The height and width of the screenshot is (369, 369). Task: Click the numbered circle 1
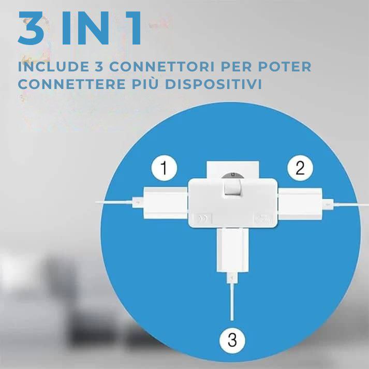[164, 168]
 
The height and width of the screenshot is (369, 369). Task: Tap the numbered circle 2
[300, 168]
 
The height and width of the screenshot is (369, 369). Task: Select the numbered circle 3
[232, 341]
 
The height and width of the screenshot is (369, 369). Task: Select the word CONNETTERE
[71, 84]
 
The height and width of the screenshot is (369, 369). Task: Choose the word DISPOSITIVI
[214, 84]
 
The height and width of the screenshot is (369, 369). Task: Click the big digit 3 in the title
[31, 28]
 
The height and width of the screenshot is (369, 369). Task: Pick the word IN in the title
[85, 28]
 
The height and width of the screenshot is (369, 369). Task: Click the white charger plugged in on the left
[166, 203]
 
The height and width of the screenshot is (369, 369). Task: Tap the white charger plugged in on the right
[300, 203]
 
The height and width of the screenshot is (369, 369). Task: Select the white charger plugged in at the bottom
[232, 250]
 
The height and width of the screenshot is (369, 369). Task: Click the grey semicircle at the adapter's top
[232, 175]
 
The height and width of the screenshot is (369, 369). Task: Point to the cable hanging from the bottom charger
[232, 301]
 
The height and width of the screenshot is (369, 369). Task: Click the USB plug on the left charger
[138, 202]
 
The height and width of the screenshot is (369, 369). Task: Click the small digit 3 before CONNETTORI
[99, 67]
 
